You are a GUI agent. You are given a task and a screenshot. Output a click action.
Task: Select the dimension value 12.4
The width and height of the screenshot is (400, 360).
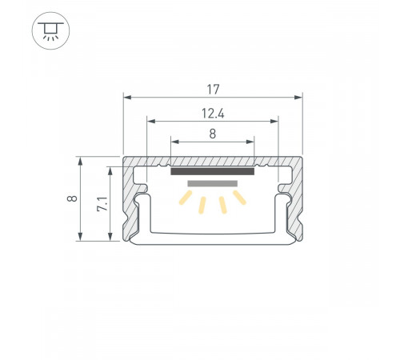pos(213,112)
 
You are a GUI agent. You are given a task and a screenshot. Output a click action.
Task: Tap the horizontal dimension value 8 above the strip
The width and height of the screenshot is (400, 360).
pos(213,134)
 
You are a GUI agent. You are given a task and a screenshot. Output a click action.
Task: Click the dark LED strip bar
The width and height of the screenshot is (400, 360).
pos(213,170)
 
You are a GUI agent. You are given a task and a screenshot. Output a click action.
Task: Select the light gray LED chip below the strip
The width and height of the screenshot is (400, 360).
pos(213,183)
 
